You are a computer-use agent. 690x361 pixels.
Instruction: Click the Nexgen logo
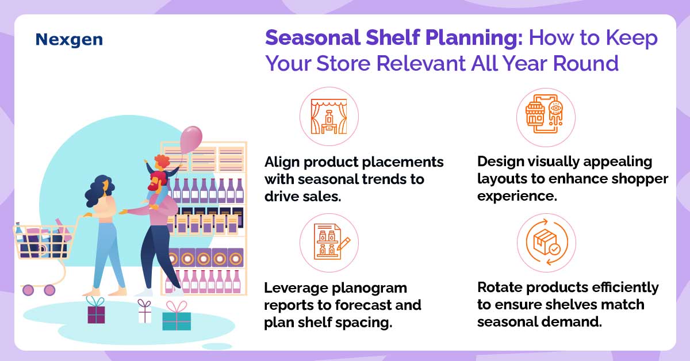pyautogui.click(x=69, y=40)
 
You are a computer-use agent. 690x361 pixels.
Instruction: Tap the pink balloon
pyautogui.click(x=191, y=140)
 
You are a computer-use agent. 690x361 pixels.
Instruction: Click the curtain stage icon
pyautogui.click(x=329, y=117)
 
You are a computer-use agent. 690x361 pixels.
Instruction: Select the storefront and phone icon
pyautogui.click(x=545, y=114)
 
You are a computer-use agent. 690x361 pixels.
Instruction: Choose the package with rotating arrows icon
pyautogui.click(x=546, y=242)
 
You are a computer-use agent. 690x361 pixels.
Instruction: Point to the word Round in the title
pyautogui.click(x=585, y=63)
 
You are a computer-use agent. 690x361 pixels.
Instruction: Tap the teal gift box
pyautogui.click(x=177, y=317)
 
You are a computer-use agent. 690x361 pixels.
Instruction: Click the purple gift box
pyautogui.click(x=96, y=310)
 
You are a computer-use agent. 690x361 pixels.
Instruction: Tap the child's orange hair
pyautogui.click(x=162, y=161)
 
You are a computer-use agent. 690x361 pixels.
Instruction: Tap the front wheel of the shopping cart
pyautogui.click(x=49, y=290)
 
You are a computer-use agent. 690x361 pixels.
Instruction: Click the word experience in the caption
pyautogui.click(x=517, y=196)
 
